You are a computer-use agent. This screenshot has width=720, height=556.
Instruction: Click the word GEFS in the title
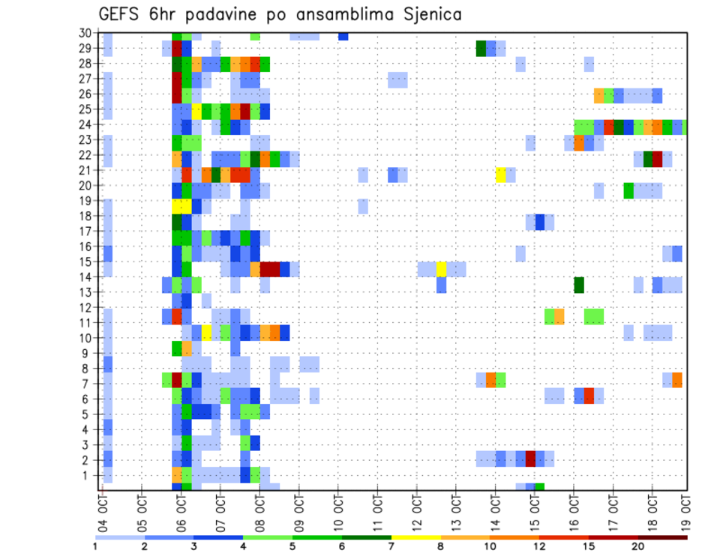click(x=121, y=15)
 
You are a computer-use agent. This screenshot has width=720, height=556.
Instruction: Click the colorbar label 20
click(x=638, y=546)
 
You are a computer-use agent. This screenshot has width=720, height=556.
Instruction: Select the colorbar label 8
click(x=441, y=546)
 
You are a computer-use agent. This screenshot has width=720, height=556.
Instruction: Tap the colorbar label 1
click(x=95, y=546)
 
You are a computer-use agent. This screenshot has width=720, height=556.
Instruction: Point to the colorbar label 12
click(x=539, y=546)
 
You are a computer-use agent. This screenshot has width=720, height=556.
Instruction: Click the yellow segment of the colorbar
click(x=416, y=537)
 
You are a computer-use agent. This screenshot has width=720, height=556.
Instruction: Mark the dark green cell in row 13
click(x=579, y=285)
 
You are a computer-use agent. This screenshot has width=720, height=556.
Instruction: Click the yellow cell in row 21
click(x=501, y=175)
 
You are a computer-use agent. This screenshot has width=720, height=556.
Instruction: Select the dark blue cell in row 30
click(x=343, y=35)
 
